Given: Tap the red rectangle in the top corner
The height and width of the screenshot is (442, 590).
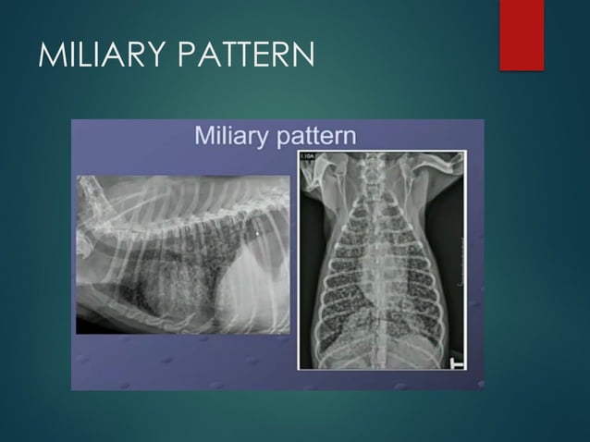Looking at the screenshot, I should (522, 34).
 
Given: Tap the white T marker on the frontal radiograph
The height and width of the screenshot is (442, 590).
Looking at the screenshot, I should (455, 362).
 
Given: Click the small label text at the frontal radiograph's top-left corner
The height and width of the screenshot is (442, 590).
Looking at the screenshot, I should (307, 157).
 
